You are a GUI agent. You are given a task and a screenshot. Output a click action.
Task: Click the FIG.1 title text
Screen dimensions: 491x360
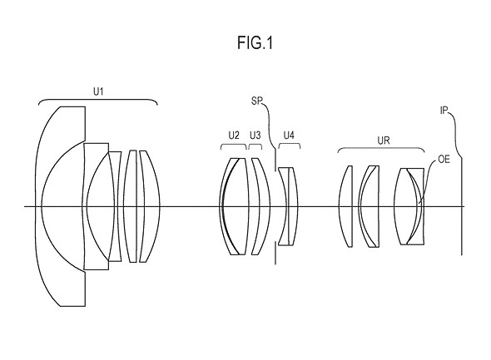255,43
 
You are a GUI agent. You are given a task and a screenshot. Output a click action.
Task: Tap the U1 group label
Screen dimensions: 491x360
98,91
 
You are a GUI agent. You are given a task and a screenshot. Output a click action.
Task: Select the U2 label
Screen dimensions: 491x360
234,136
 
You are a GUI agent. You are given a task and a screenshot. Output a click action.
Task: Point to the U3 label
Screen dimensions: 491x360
255,136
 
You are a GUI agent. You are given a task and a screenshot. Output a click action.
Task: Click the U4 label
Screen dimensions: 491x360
289,136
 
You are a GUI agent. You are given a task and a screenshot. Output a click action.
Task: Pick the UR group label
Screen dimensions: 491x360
384,141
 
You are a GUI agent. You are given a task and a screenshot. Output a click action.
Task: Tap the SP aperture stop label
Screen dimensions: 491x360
256,101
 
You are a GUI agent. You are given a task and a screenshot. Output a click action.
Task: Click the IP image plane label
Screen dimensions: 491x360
444,111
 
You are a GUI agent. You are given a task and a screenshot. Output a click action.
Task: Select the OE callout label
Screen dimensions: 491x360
444,160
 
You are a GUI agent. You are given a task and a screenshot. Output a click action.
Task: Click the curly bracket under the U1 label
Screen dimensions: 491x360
98,100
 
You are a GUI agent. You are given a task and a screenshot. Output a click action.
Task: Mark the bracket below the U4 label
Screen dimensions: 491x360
290,144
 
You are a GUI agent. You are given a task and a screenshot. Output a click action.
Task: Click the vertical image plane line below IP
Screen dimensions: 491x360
462,206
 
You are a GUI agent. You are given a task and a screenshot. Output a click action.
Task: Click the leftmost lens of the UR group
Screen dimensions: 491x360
345,206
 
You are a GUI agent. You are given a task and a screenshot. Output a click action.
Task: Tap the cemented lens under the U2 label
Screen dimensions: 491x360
235,206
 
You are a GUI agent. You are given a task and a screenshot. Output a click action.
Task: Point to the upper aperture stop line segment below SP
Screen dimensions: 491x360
275,160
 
